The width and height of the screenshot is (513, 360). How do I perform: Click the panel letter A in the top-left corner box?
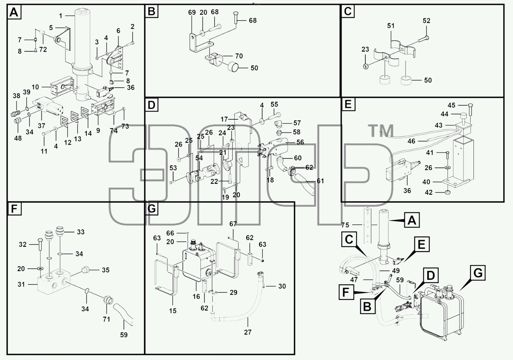click(x=14, y=12)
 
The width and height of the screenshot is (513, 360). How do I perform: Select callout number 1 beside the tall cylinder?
click(x=61, y=16)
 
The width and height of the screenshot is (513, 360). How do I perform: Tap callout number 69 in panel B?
click(x=192, y=12)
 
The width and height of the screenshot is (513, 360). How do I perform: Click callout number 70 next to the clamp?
click(x=239, y=56)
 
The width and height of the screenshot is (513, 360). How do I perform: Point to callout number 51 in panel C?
click(x=391, y=26)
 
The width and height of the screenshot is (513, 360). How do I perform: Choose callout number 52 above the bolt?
click(x=426, y=20)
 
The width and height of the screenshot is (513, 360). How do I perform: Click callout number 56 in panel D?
click(x=300, y=142)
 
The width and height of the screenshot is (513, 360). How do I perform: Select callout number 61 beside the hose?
click(x=320, y=181)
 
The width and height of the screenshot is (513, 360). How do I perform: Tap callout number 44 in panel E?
click(x=444, y=114)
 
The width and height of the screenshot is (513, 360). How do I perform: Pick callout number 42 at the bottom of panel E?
click(x=429, y=192)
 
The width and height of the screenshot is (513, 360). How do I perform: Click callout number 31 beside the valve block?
click(x=21, y=285)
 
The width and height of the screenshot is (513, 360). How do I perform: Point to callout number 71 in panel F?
click(x=106, y=319)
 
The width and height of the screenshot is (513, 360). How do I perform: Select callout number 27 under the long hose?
click(x=248, y=332)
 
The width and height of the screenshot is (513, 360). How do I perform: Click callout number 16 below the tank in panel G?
click(x=196, y=296)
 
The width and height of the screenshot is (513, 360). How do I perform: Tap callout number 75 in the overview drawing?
click(x=345, y=225)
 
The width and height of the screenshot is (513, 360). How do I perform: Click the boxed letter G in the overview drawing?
click(x=478, y=273)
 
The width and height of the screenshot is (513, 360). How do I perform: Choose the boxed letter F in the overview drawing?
click(x=346, y=292)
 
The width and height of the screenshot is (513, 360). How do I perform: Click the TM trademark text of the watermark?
click(x=380, y=131)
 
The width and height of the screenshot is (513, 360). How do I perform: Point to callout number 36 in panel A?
click(x=131, y=87)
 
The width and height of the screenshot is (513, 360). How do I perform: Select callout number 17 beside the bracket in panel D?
click(x=224, y=119)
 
